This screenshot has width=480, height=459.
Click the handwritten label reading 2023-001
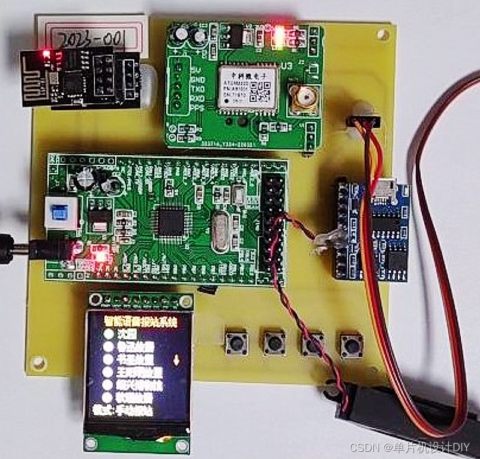pyautogui.click(x=90, y=39)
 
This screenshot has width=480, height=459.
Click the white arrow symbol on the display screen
pyautogui.click(x=176, y=361)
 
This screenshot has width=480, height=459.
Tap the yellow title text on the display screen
pyautogui.click(x=140, y=322)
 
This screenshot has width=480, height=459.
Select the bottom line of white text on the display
pyautogui.click(x=127, y=411)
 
